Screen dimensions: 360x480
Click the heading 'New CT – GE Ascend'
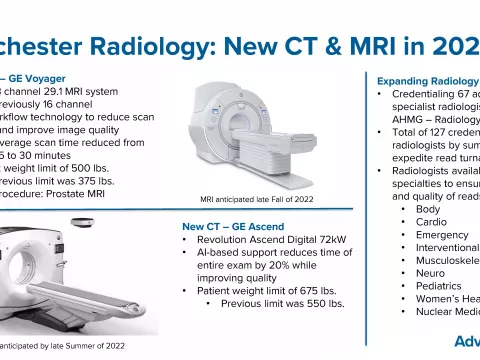[x=236, y=226]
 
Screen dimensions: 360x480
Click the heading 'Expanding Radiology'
[x=427, y=79]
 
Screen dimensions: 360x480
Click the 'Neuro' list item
[x=430, y=273]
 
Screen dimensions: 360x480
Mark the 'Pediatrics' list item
[x=440, y=286]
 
